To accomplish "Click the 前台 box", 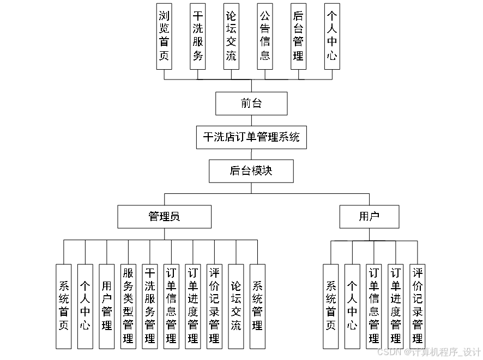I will tap(251, 103).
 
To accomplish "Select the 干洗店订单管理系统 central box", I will tap(251, 137).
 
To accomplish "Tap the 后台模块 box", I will tap(251, 171).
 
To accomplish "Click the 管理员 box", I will tap(164, 217).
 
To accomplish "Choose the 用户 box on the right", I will tap(369, 217).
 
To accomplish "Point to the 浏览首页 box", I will tap(164, 35).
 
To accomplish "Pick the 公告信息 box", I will tap(265, 35).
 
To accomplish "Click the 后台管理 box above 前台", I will tap(298, 35).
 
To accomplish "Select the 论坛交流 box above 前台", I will tap(231, 35).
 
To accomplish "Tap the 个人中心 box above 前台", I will tap(332, 35).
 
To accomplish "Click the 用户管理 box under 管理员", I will tap(107, 306).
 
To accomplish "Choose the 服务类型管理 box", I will tap(128, 306).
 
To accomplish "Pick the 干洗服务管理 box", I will tap(150, 306).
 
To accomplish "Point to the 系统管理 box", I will tap(257, 306).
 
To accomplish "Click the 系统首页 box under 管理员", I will tap(64, 306).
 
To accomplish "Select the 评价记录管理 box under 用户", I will tap(417, 306).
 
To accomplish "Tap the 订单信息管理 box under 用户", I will tap(374, 306).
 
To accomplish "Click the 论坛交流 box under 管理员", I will tap(236, 306).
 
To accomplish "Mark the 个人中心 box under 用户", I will tap(352, 306).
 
